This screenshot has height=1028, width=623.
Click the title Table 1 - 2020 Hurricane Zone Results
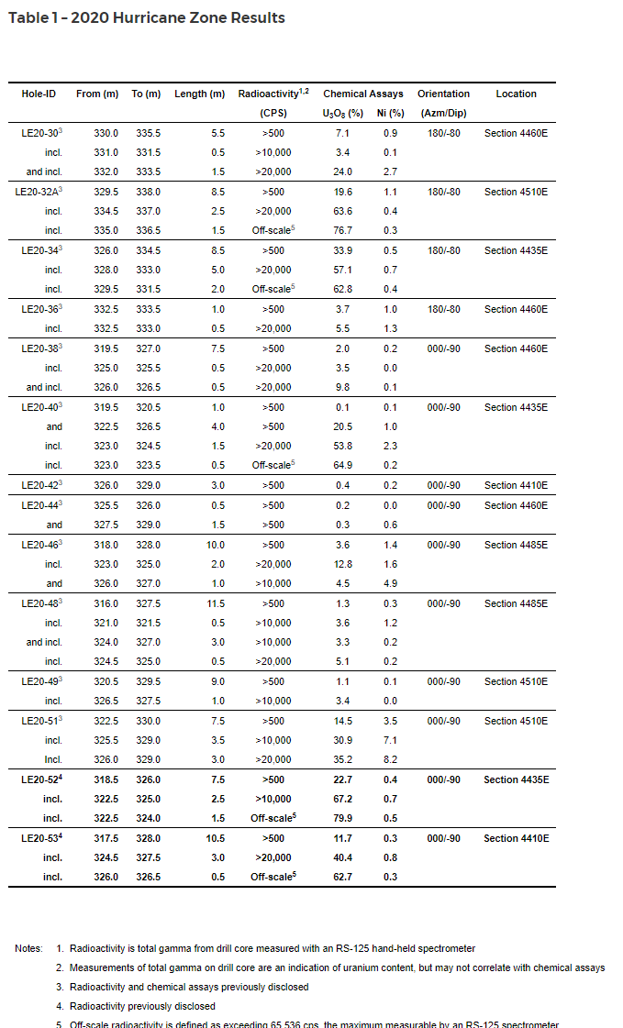point(147,18)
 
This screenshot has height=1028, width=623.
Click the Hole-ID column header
point(39,94)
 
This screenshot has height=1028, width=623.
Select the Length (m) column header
point(199,94)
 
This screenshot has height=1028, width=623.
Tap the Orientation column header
point(443,94)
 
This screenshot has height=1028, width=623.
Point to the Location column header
point(516,94)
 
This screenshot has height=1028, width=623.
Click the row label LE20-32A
point(39,192)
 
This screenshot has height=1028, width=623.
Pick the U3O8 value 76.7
point(343,230)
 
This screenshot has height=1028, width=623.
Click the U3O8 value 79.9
point(343,818)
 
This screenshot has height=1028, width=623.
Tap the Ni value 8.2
point(391,759)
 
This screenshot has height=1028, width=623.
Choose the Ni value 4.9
point(391,583)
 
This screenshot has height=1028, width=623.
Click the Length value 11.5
point(213,603)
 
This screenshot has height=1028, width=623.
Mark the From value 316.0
point(106,603)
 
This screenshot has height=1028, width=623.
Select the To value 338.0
point(148,192)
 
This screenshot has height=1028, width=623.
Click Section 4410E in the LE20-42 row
point(516,485)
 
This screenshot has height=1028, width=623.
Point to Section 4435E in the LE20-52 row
point(516,779)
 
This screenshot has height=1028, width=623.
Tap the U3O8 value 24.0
point(343,171)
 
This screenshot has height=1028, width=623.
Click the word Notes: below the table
point(28,948)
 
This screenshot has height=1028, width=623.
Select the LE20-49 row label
point(40,681)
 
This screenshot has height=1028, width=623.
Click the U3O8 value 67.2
point(343,799)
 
